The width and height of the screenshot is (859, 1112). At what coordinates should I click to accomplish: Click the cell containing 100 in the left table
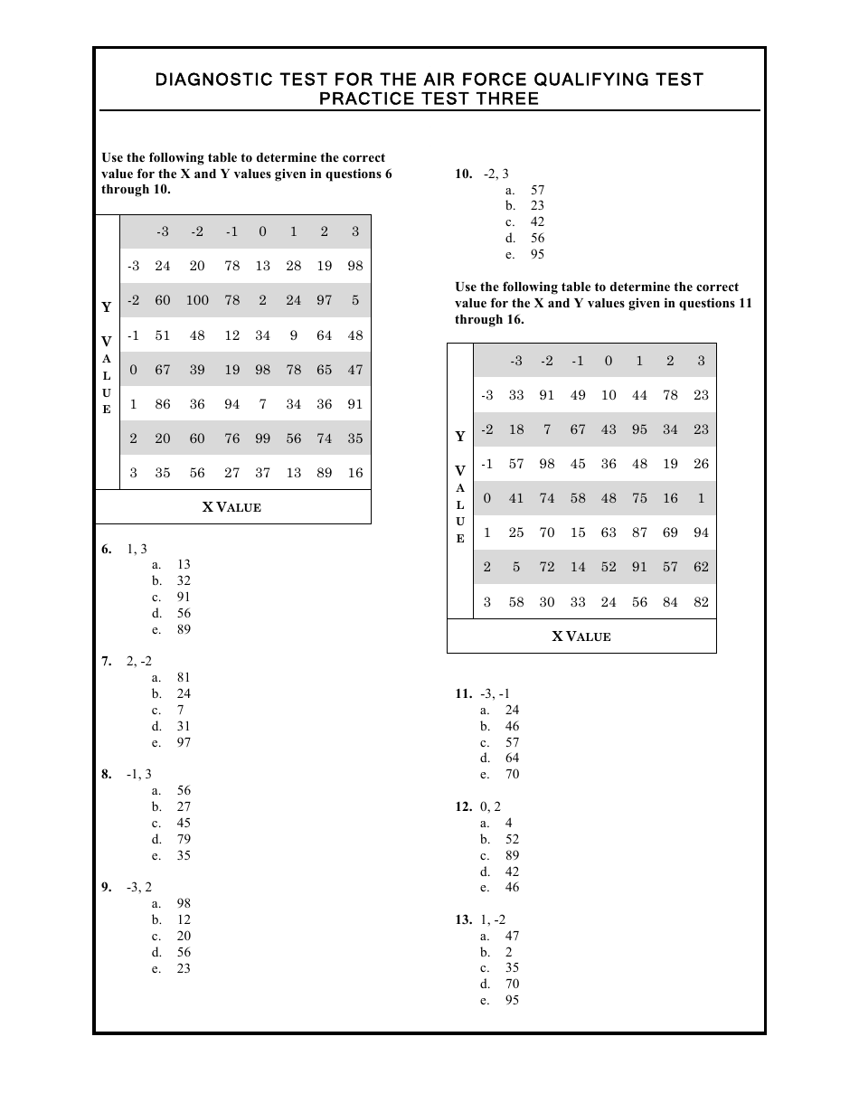click(197, 300)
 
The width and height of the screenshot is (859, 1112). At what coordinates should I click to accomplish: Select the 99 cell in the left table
click(262, 438)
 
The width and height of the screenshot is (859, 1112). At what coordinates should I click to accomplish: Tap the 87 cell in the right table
click(639, 532)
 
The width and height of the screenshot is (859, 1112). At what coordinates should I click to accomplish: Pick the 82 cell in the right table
click(701, 602)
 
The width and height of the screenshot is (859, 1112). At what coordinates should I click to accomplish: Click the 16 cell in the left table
click(354, 473)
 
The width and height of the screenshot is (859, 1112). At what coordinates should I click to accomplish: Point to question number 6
click(107, 549)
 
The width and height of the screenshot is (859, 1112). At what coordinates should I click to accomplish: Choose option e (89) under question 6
click(184, 629)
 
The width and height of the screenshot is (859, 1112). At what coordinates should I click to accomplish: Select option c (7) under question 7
click(181, 710)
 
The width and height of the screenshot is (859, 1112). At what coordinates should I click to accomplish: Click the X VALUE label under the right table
click(581, 636)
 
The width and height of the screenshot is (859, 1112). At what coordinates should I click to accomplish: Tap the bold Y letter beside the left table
click(106, 307)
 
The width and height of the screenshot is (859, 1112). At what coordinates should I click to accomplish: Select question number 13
click(463, 919)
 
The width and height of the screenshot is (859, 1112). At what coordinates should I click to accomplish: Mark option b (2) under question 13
click(509, 952)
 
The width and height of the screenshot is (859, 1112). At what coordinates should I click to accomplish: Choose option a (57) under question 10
click(537, 190)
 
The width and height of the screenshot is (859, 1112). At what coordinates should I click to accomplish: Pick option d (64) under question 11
click(513, 758)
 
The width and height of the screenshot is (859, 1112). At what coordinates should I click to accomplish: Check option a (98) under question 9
click(184, 903)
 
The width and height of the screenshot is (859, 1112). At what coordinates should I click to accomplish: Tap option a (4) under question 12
click(509, 823)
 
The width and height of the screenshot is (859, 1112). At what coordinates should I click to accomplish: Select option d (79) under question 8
click(184, 839)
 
